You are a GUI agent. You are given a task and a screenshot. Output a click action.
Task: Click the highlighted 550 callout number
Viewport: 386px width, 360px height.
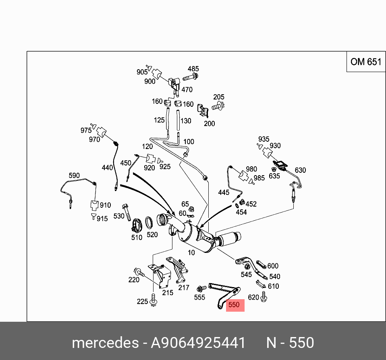234,305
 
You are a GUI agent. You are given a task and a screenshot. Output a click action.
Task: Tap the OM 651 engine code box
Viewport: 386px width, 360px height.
365,62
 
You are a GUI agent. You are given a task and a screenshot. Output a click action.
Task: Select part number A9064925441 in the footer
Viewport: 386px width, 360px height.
198,343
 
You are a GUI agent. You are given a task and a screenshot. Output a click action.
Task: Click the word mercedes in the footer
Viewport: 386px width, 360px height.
104,343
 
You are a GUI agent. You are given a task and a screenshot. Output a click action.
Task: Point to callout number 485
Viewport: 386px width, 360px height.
193,69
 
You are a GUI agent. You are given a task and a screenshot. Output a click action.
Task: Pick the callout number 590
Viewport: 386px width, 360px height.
74,176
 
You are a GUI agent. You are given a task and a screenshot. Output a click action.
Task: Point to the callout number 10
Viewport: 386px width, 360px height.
191,252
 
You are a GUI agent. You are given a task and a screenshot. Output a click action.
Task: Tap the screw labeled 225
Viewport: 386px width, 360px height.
153,300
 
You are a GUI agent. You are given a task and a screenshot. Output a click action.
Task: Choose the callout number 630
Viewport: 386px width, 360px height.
300,170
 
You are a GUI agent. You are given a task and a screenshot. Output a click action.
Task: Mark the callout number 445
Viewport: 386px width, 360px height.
224,193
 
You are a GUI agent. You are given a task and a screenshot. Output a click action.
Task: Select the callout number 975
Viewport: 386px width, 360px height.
86,130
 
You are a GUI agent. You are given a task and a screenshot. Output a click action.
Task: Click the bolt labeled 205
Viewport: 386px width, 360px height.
218,107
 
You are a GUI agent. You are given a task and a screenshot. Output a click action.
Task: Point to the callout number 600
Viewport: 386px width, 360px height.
273,266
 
